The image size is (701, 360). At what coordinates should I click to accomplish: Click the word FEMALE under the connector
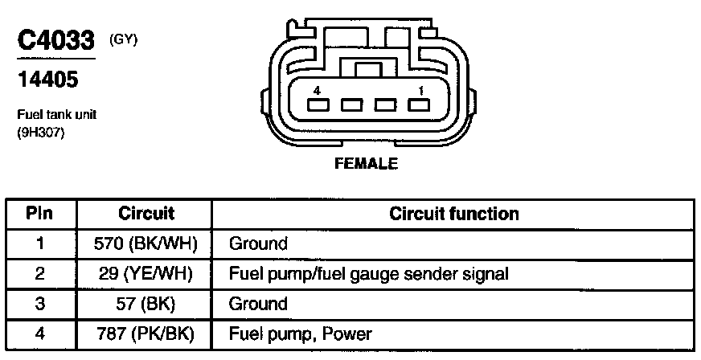click(x=366, y=164)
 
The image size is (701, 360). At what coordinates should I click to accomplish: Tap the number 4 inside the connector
click(x=318, y=89)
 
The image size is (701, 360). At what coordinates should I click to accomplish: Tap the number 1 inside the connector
click(x=418, y=89)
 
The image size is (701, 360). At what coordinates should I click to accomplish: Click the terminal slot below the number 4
click(x=318, y=105)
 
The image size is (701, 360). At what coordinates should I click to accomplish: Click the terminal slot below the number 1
click(x=417, y=105)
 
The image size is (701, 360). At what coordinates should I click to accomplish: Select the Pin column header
click(x=40, y=214)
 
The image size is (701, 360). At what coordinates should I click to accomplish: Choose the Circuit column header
click(x=146, y=214)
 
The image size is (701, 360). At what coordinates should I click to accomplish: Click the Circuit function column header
click(x=454, y=214)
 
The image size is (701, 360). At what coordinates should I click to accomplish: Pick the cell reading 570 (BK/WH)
click(x=146, y=243)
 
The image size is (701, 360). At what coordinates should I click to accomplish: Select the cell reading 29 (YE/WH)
click(x=146, y=274)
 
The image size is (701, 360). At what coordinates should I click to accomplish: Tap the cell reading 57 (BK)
click(x=146, y=304)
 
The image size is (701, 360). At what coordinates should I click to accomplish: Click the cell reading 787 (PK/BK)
click(x=146, y=333)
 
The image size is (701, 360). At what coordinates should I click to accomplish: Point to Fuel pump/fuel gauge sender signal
click(x=369, y=274)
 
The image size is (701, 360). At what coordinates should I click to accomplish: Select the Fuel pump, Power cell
click(x=301, y=333)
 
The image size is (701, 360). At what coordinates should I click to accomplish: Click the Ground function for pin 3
click(x=258, y=304)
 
